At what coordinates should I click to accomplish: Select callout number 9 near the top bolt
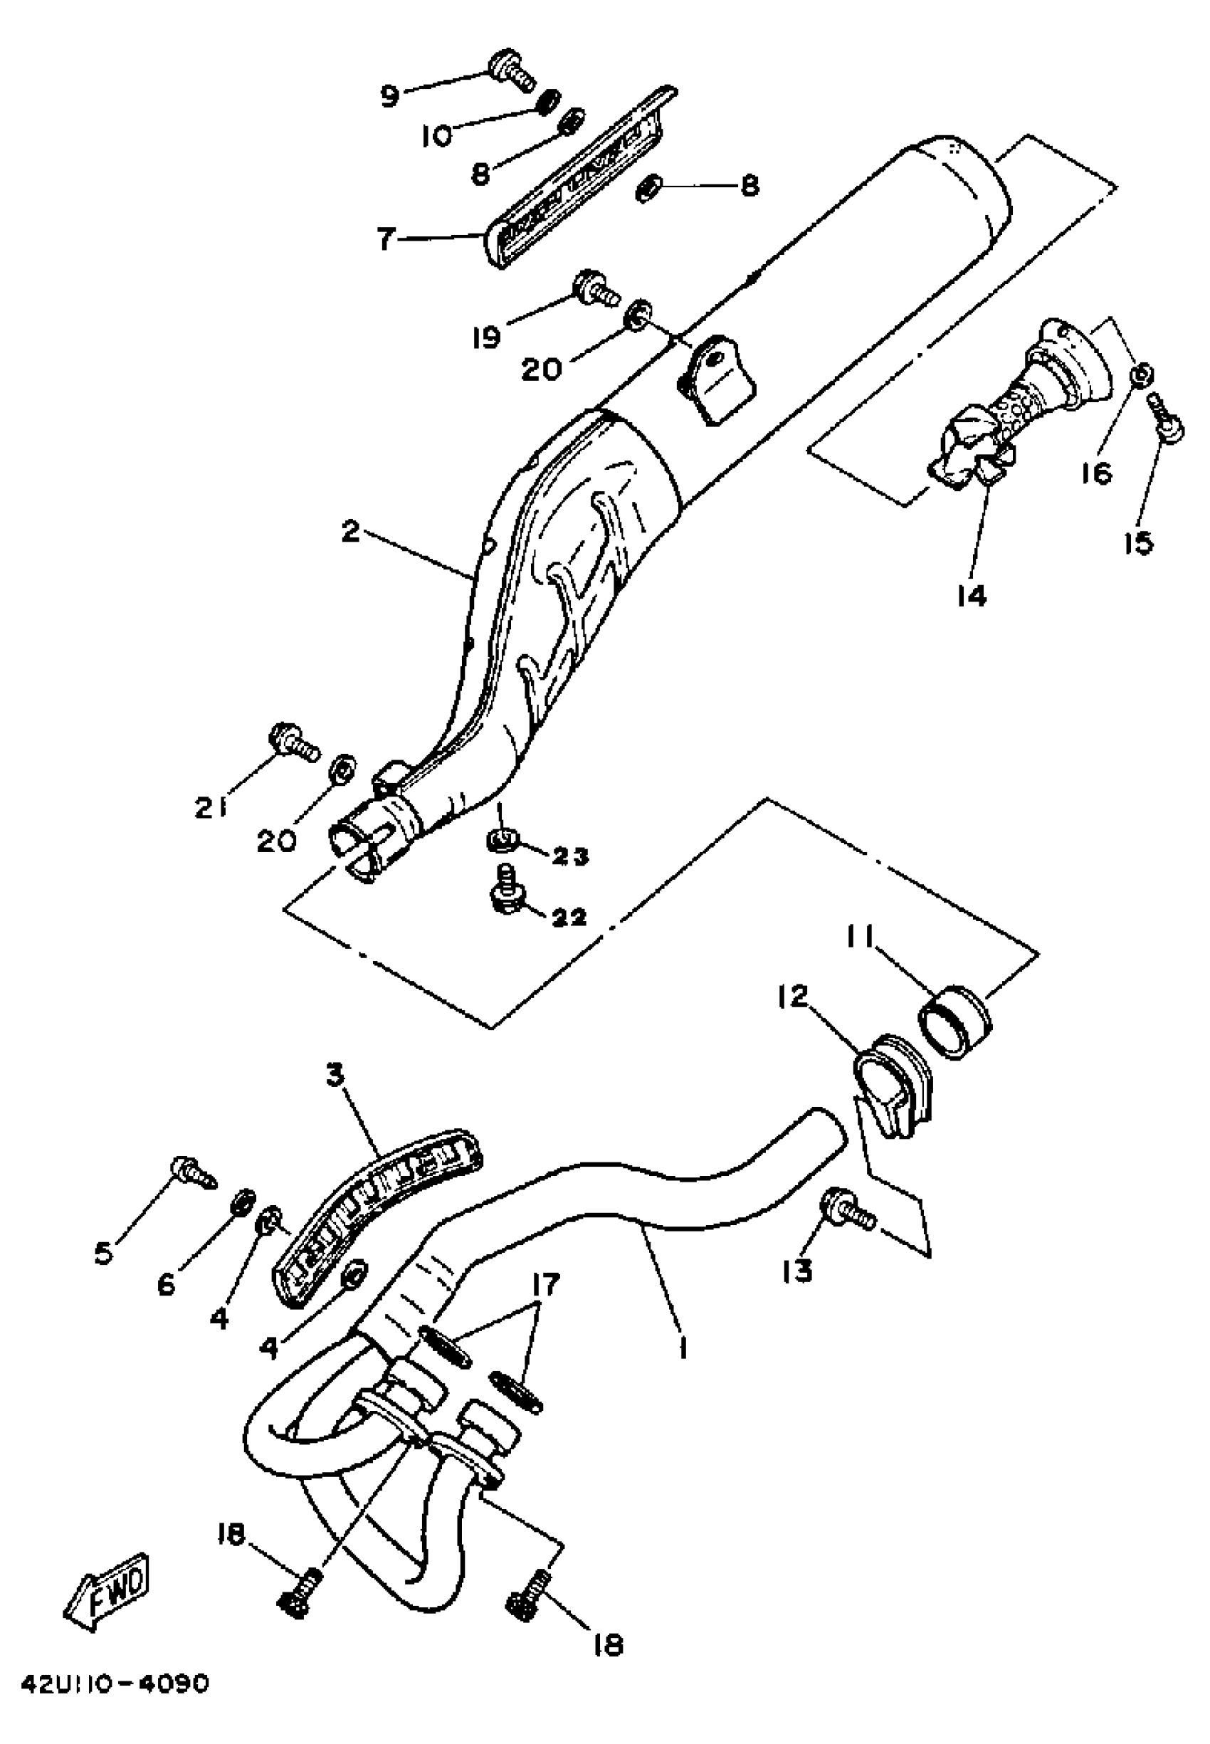(389, 97)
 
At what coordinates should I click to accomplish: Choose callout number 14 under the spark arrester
(971, 596)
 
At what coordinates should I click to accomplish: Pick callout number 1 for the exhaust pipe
(683, 1347)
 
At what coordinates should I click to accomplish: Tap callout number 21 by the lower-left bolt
(211, 810)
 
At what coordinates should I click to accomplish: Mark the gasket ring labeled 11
(954, 1021)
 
